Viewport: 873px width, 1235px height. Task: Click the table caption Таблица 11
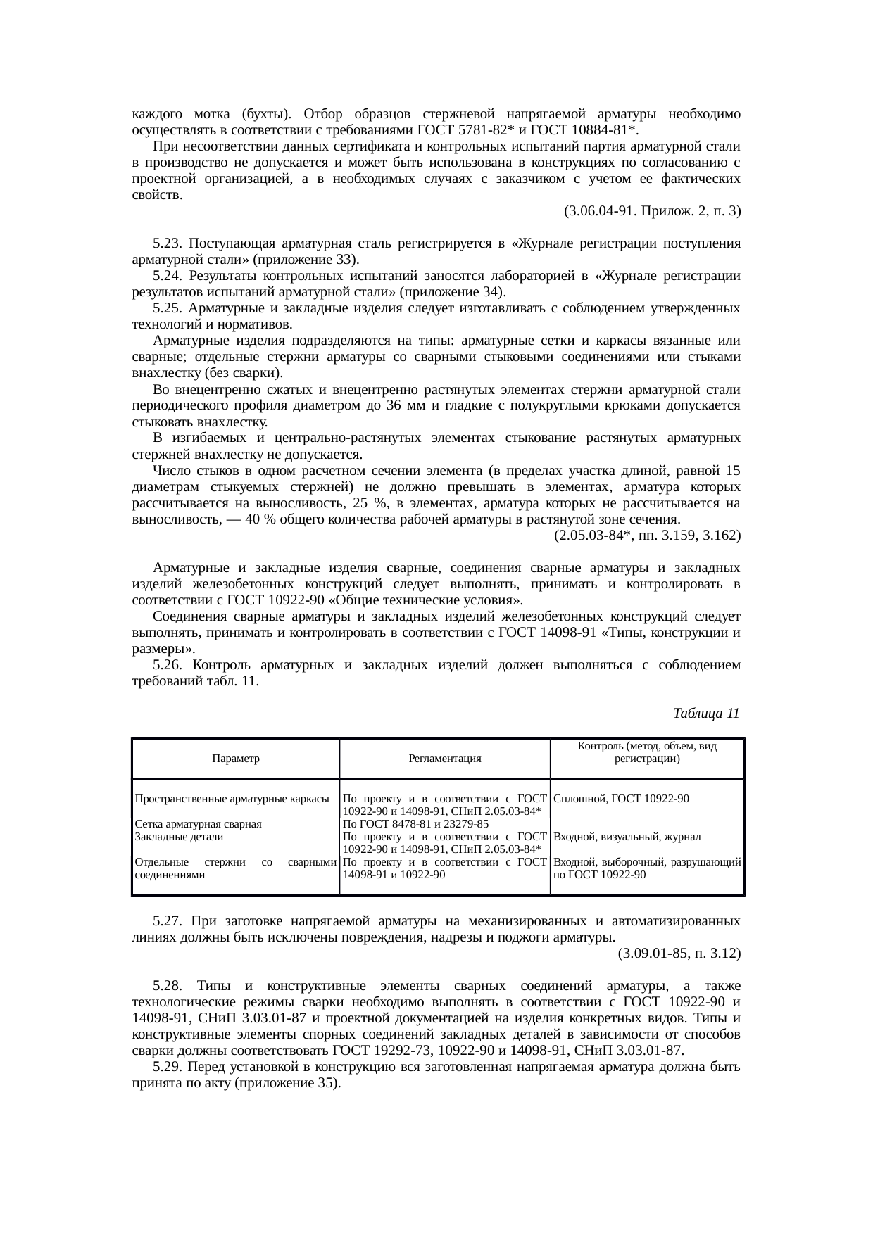705,714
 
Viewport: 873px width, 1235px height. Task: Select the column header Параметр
235,759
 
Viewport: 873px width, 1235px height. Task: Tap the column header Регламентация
444,759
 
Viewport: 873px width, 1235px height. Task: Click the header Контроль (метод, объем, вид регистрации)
646,752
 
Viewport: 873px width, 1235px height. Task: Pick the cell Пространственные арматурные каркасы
232,799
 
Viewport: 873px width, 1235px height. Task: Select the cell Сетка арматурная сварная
198,824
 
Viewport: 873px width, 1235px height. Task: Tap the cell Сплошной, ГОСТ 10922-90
621,799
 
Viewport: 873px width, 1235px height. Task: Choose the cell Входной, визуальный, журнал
627,837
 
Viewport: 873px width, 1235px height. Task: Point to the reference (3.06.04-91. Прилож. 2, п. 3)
652,211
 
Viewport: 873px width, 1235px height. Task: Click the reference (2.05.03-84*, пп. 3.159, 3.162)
647,536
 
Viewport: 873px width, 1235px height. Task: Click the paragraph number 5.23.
168,243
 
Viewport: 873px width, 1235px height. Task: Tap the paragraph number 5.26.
168,665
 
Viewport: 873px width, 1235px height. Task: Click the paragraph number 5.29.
168,1067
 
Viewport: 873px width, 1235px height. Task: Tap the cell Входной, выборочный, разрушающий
646,862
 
